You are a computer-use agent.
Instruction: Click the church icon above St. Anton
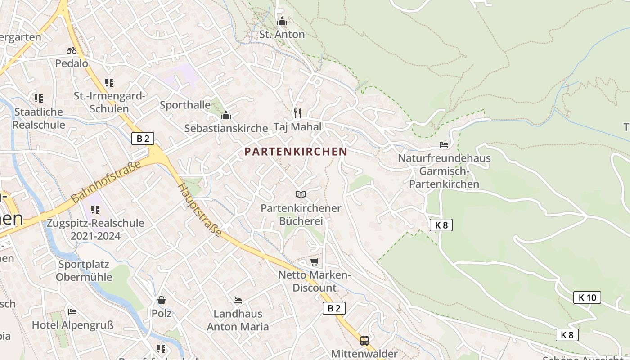pyautogui.click(x=282, y=21)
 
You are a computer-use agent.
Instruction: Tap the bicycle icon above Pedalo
pyautogui.click(x=72, y=50)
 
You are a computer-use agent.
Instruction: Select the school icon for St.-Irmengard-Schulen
pyautogui.click(x=109, y=83)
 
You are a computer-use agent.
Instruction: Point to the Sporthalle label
pyautogui.click(x=185, y=105)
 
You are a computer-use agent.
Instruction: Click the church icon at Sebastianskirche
pyautogui.click(x=226, y=116)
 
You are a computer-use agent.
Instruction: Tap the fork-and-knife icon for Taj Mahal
pyautogui.click(x=297, y=113)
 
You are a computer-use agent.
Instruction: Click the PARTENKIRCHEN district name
pyautogui.click(x=296, y=152)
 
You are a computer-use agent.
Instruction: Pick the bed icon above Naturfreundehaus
pyautogui.click(x=444, y=145)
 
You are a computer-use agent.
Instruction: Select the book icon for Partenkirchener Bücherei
pyautogui.click(x=301, y=194)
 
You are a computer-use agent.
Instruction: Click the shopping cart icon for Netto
pyautogui.click(x=314, y=262)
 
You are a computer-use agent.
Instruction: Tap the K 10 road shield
pyautogui.click(x=587, y=297)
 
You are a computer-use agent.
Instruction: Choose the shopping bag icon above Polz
pyautogui.click(x=162, y=300)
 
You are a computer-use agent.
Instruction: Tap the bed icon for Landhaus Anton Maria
pyautogui.click(x=238, y=301)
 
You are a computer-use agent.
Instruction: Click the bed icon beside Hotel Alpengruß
pyautogui.click(x=72, y=311)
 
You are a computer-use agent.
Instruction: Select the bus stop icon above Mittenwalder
pyautogui.click(x=364, y=341)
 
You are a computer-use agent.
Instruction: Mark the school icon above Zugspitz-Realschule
pyautogui.click(x=95, y=210)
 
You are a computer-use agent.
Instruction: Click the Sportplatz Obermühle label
pyautogui.click(x=84, y=270)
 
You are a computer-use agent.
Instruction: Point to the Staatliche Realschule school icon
pyautogui.click(x=39, y=98)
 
